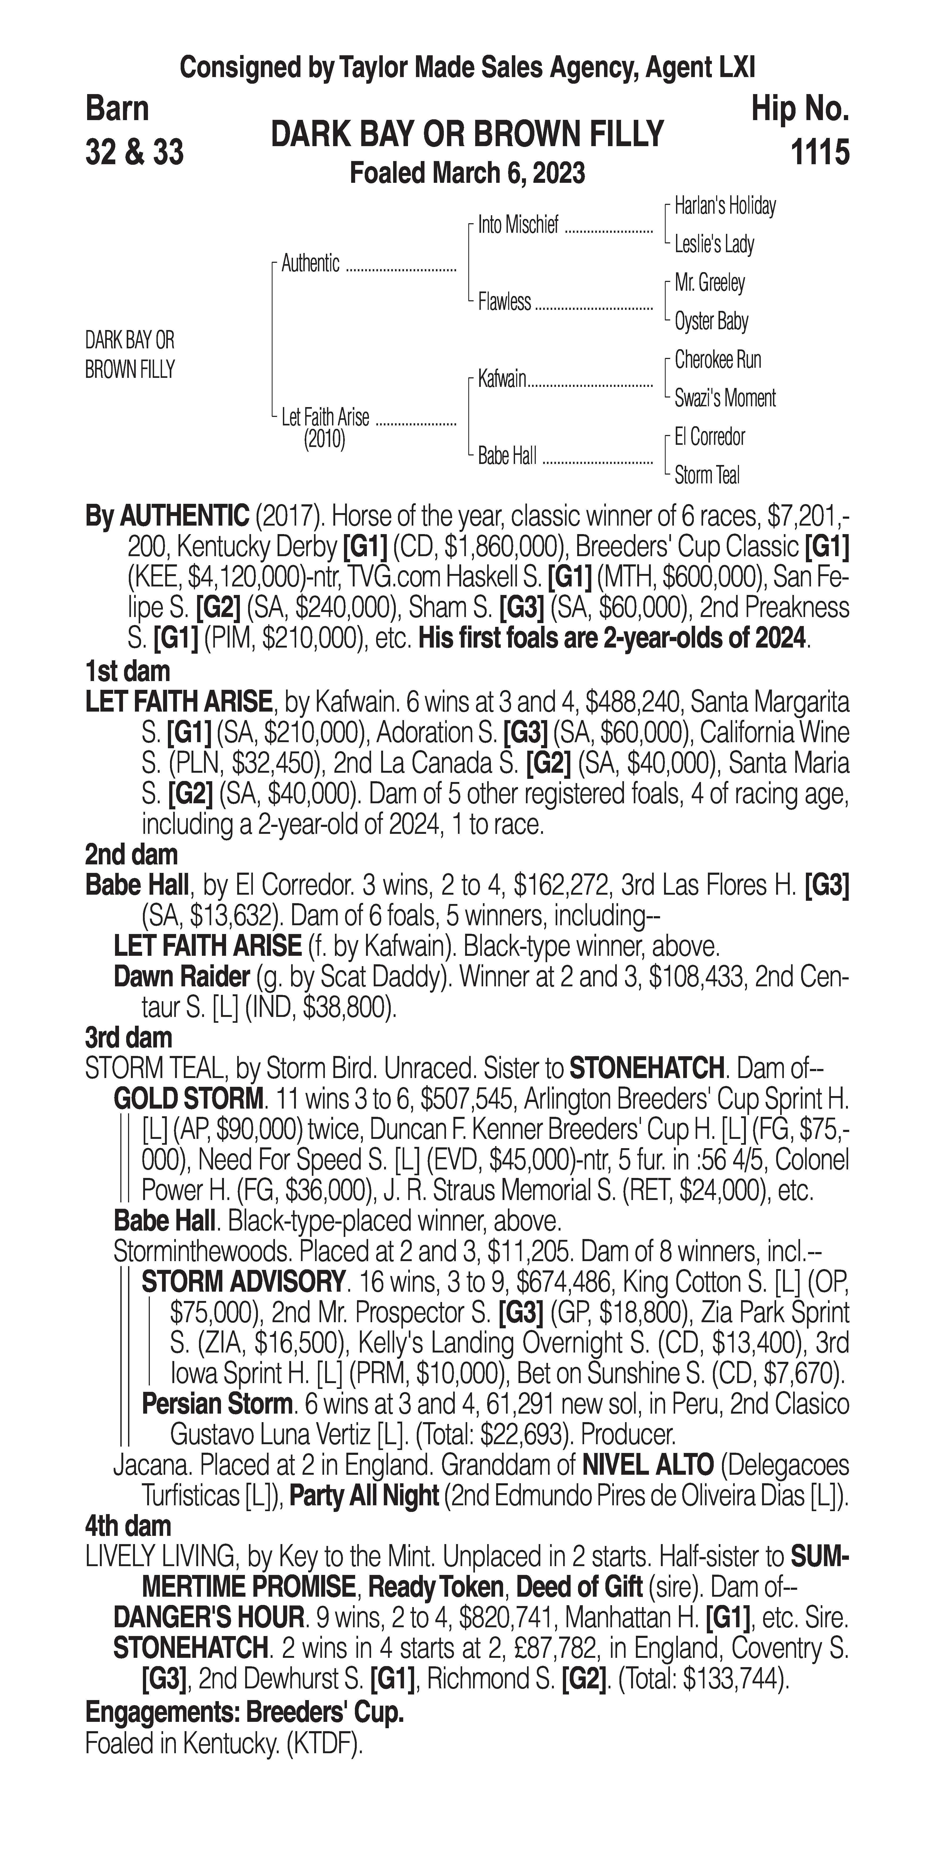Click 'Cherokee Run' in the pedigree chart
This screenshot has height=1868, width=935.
coord(717,360)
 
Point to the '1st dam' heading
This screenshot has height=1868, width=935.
coord(127,671)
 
